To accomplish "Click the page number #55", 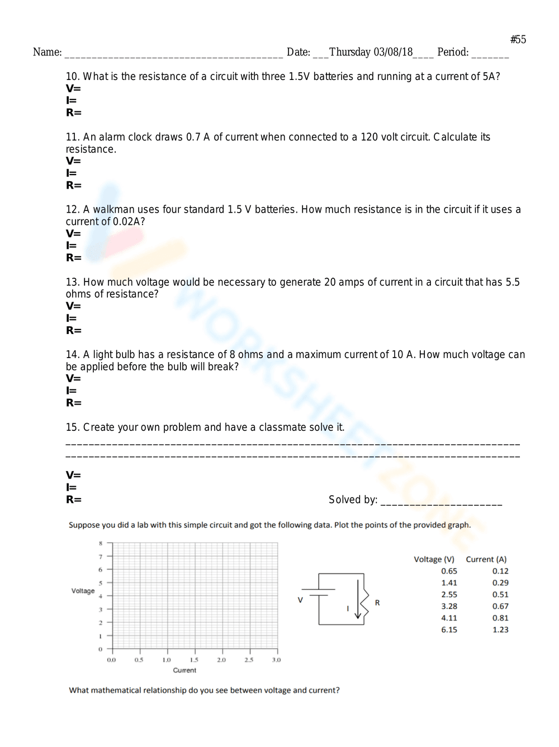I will tap(518, 39).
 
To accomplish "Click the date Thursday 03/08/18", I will tap(371, 52).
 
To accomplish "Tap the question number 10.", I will tap(72, 77).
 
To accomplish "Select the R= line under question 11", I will tap(74, 185).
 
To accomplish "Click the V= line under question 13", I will tap(73, 306).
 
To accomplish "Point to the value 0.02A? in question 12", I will tap(129, 222).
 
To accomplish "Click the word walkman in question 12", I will tap(113, 209).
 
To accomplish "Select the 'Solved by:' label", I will tap(353, 500).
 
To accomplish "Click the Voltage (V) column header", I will tap(434, 559).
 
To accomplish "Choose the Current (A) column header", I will tap(486, 559).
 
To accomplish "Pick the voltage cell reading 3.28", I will tap(449, 606).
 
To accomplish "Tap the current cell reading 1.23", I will tap(500, 629).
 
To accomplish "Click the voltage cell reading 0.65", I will tap(449, 571).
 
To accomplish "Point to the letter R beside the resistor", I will tap(377, 603).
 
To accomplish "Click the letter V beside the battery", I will tap(300, 600).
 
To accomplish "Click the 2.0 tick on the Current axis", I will tap(221, 660).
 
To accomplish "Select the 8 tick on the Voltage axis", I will tap(101, 543).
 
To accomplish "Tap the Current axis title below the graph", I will tap(184, 670).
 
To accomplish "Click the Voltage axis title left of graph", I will tap(83, 591).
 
